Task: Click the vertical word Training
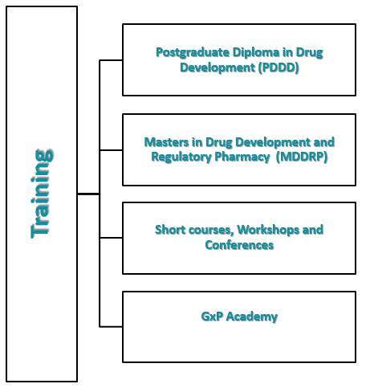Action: pyautogui.click(x=42, y=194)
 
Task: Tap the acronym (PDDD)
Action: pyautogui.click(x=278, y=67)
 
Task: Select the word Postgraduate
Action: pyautogui.click(x=193, y=53)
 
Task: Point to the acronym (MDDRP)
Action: pyautogui.click(x=302, y=157)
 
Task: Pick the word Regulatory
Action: pyautogui.click(x=181, y=157)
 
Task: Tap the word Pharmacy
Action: pyautogui.click(x=242, y=157)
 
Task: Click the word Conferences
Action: pyautogui.click(x=239, y=245)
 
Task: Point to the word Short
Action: pyautogui.click(x=170, y=230)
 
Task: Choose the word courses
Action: pyautogui.click(x=211, y=231)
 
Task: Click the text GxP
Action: pyautogui.click(x=212, y=317)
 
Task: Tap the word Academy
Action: pyautogui.click(x=252, y=317)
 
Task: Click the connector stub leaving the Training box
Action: pyautogui.click(x=88, y=194)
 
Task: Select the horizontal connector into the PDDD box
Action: pyautogui.click(x=111, y=60)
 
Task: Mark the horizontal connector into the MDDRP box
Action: pyautogui.click(x=111, y=150)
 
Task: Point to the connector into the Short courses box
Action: pyautogui.click(x=111, y=238)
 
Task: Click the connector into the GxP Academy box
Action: pyautogui.click(x=111, y=327)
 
